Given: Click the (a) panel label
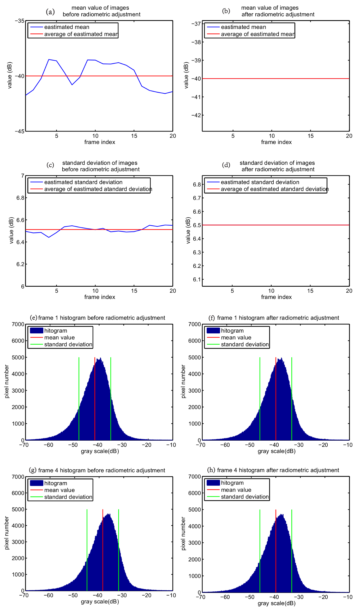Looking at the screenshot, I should tap(50, 11).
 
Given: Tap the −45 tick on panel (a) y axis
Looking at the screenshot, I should tap(20, 131).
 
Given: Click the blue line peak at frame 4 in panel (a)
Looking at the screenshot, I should tap(49, 59).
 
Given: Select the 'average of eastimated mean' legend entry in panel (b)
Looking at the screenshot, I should tap(257, 34).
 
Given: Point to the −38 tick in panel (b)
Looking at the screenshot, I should tap(196, 42).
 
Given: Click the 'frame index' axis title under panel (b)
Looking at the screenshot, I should tap(276, 142).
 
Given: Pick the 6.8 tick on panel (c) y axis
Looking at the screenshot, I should tap(20, 198).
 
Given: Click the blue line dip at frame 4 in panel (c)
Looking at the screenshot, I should tap(49, 237).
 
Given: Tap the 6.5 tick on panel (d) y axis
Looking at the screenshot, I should tap(197, 225).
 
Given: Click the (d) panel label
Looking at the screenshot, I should tap(226, 165).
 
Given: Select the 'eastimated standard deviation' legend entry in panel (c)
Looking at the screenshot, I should tap(83, 182).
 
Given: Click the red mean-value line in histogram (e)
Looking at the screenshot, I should tap(95, 399).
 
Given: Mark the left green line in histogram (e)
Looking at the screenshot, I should tap(79, 399).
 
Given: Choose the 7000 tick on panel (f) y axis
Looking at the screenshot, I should tap(195, 324).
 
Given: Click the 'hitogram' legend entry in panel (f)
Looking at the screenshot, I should tap(232, 331).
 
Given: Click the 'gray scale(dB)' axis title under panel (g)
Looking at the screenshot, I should tap(100, 602).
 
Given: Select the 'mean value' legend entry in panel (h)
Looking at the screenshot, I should tap(236, 490).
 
